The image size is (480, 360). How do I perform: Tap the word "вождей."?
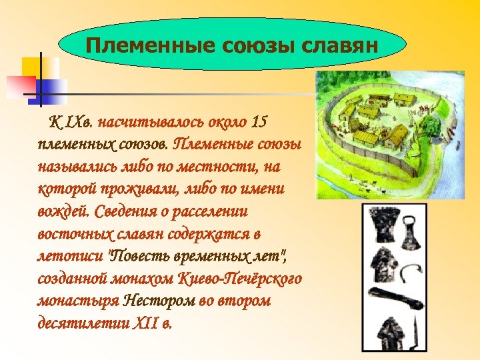tap(64, 211)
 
